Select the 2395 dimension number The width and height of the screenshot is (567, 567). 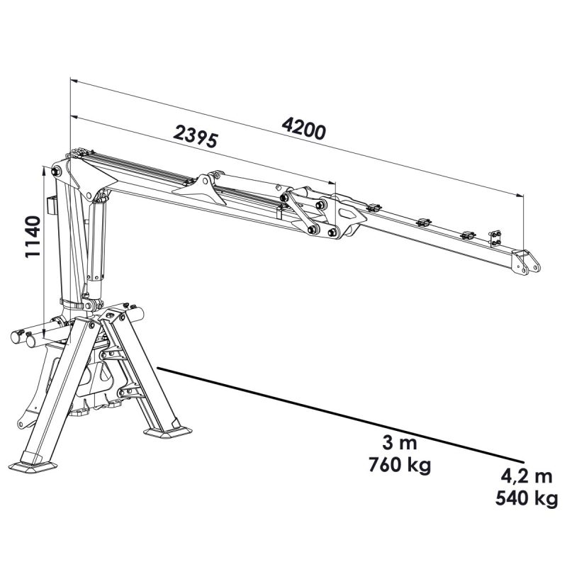pyautogui.click(x=196, y=136)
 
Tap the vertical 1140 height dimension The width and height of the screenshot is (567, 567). pyautogui.click(x=33, y=237)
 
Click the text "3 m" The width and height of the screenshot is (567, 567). pyautogui.click(x=399, y=443)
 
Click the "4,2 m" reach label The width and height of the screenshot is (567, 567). pyautogui.click(x=527, y=476)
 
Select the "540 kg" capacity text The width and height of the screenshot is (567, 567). pyautogui.click(x=527, y=498)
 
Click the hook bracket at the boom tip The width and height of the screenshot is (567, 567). pyautogui.click(x=526, y=262)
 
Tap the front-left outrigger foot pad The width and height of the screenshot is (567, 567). pyautogui.click(x=33, y=467)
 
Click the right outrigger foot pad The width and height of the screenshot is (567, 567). pyautogui.click(x=167, y=432)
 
